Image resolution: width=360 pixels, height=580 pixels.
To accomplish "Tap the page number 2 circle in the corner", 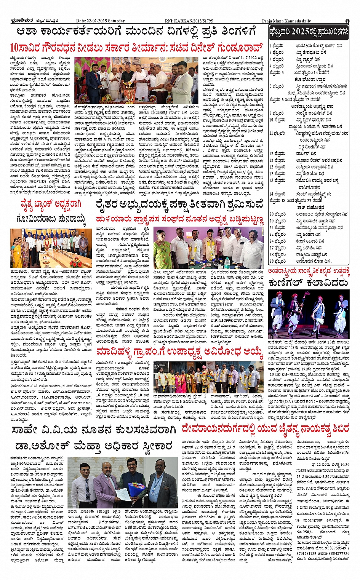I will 347,21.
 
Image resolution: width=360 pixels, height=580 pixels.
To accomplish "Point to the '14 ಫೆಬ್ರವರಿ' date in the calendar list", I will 277,194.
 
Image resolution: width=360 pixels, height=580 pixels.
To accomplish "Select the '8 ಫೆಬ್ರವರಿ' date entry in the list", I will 277,113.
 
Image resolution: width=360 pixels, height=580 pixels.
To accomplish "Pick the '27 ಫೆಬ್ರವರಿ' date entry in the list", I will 277,248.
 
